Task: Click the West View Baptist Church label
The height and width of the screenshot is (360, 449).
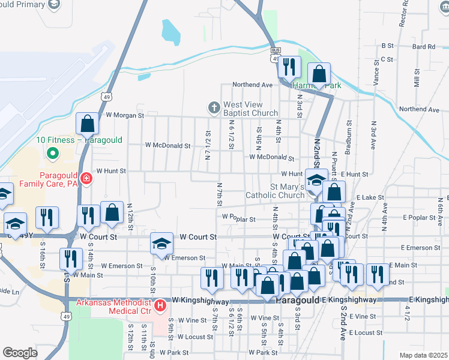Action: tap(250, 109)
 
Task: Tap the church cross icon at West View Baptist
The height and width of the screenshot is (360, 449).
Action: tap(213, 108)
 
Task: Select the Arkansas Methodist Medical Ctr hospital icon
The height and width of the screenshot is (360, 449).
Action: tap(160, 306)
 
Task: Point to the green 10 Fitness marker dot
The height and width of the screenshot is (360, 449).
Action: tap(52, 152)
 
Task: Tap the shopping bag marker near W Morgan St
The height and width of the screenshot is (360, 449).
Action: tap(88, 124)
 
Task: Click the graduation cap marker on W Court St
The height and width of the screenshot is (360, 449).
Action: tap(161, 243)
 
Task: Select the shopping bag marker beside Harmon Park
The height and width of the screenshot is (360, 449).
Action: tap(319, 74)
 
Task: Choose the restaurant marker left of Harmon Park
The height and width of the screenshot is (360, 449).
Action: tap(289, 67)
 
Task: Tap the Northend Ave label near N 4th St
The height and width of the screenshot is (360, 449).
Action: tap(253, 85)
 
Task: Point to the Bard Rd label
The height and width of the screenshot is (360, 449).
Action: tap(423, 46)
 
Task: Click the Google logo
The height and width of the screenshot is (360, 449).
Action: tap(20, 353)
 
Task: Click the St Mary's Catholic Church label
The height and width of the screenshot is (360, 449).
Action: tap(275, 191)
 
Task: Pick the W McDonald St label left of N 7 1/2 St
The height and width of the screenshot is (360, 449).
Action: tap(167, 145)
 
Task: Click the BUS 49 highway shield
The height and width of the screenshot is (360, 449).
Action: tap(275, 55)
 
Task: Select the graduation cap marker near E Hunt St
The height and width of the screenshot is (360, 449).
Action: tap(316, 179)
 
